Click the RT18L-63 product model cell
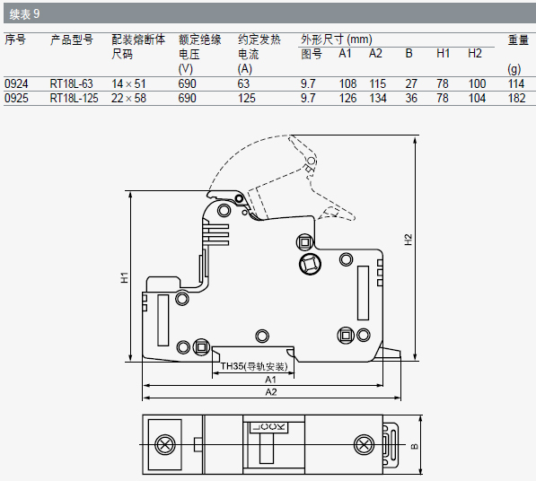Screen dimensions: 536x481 click(x=72, y=83)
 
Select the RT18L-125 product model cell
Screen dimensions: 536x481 click(x=74, y=99)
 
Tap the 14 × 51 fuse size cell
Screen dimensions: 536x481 click(x=128, y=83)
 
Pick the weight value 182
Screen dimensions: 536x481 click(x=516, y=99)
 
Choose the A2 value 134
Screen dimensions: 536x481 click(x=378, y=99)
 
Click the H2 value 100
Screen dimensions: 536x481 click(x=477, y=83)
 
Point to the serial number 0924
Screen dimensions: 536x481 click(x=16, y=83)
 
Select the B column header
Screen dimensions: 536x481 click(x=409, y=54)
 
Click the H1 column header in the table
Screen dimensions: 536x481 click(x=443, y=54)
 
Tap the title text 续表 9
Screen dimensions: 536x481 click(x=24, y=14)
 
